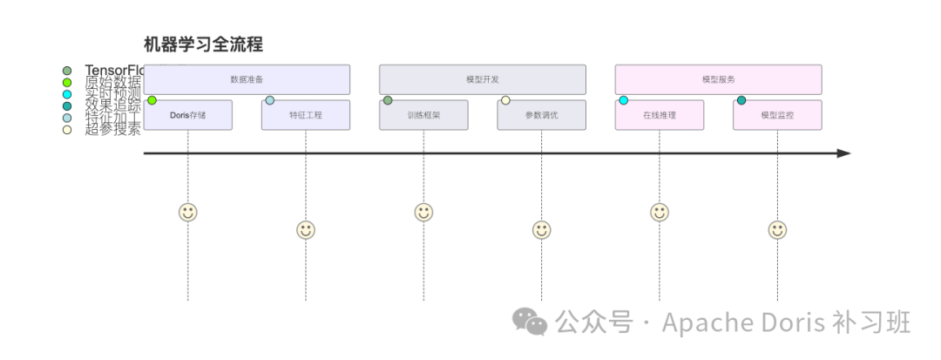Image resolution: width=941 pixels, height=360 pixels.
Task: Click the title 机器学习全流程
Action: pos(203,44)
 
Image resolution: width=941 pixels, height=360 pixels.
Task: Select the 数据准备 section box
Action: pos(247,79)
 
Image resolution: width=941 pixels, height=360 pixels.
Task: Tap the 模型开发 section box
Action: pos(482,79)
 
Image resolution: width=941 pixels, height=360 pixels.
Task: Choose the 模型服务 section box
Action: pos(718,79)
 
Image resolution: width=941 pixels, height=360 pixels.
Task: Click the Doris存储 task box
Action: pos(188,116)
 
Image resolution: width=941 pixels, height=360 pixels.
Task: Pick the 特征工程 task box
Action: pos(306,116)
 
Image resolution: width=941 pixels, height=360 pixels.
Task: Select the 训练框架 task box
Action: pos(423,116)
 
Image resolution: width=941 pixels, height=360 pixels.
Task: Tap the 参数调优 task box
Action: pos(541,116)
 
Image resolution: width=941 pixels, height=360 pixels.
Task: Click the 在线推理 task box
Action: pos(659,116)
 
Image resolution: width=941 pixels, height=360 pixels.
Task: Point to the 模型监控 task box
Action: pos(777,116)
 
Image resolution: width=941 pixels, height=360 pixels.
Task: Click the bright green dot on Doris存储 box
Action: pos(152,100)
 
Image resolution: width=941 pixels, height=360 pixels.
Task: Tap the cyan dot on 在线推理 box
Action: pos(623,100)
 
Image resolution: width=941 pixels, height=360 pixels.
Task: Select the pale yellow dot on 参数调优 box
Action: pos(505,100)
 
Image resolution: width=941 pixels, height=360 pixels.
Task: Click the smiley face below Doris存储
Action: pos(188,212)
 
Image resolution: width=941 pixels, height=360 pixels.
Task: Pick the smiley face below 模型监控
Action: pos(777,230)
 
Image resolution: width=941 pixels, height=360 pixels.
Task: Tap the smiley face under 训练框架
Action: pos(423,212)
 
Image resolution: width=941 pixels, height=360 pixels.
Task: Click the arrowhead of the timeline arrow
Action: pos(843,153)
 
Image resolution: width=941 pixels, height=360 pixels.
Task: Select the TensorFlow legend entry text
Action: pos(113,70)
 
